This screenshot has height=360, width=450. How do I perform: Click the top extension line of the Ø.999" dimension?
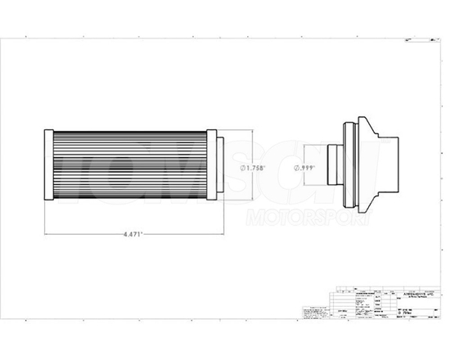tap(315, 146)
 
